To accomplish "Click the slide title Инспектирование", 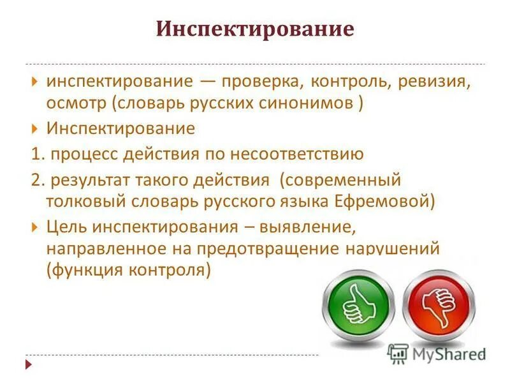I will (x=255, y=30).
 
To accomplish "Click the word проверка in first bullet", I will (x=252, y=82).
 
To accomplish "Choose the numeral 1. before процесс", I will (x=38, y=154).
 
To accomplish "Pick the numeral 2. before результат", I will (x=38, y=181).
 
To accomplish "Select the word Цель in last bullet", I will (x=65, y=227).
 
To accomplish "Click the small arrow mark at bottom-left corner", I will (x=29, y=364).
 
